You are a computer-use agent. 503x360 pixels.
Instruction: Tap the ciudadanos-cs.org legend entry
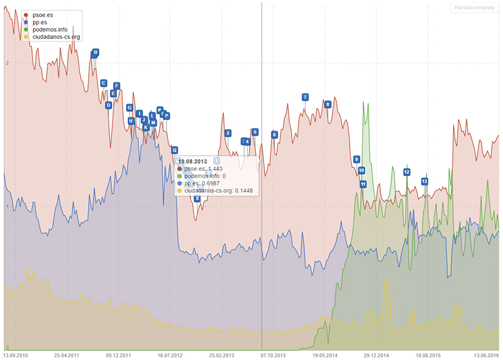[55, 37]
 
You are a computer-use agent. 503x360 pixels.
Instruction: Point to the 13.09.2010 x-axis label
[15, 355]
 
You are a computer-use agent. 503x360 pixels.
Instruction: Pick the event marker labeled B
[96, 52]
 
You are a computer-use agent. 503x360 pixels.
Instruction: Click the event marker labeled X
[197, 199]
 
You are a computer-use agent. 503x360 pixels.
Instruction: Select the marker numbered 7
[305, 97]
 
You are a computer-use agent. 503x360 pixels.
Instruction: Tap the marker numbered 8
[328, 104]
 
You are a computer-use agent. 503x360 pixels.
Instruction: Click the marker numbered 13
[424, 181]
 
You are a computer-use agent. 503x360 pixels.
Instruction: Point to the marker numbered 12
[407, 172]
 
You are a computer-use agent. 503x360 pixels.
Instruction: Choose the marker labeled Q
[175, 150]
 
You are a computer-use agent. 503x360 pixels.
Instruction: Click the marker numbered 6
[274, 134]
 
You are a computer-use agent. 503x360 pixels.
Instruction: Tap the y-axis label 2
[6, 63]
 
